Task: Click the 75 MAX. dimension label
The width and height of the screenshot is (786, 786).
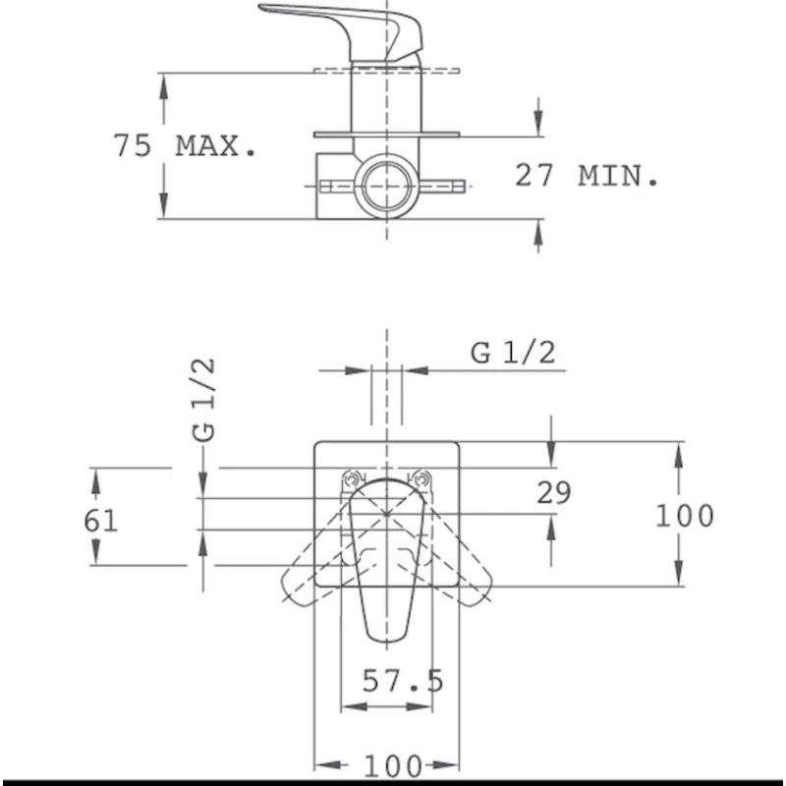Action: click(184, 146)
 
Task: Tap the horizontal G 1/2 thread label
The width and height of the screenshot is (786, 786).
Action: click(512, 353)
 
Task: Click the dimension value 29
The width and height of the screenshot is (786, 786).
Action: click(554, 492)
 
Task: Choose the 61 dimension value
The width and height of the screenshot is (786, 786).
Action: click(100, 520)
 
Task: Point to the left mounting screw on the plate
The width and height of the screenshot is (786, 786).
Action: click(350, 480)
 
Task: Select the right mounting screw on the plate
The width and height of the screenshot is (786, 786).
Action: click(422, 480)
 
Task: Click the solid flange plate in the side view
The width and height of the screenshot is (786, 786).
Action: click(387, 135)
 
